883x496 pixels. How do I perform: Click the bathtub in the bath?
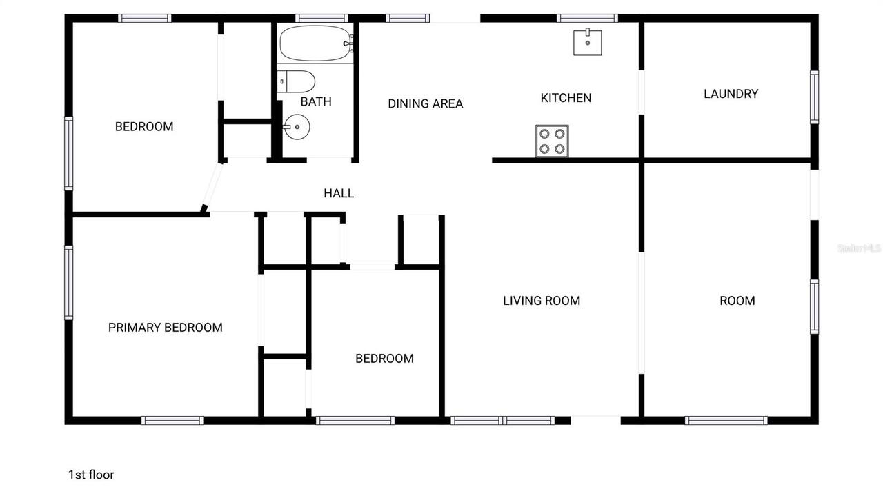pyautogui.click(x=315, y=43)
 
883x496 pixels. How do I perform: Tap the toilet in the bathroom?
pyautogui.click(x=297, y=82)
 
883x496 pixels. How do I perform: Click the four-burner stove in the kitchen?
pyautogui.click(x=552, y=141)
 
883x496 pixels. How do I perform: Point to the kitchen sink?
pyautogui.click(x=587, y=42)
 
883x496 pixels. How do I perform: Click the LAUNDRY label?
pyautogui.click(x=731, y=94)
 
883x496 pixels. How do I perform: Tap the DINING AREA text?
pyautogui.click(x=425, y=103)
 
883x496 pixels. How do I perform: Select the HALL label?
pyautogui.click(x=339, y=193)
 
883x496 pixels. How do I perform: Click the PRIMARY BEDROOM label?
pyautogui.click(x=166, y=328)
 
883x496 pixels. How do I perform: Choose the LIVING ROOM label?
pyautogui.click(x=542, y=301)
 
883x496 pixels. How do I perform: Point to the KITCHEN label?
pyautogui.click(x=566, y=98)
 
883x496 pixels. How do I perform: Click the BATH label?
pyautogui.click(x=316, y=102)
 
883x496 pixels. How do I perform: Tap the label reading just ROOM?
pyautogui.click(x=737, y=301)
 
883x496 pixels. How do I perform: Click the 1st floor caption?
pyautogui.click(x=91, y=475)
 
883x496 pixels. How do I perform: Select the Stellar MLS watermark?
pyautogui.click(x=860, y=248)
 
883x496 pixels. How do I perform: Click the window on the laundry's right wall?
pyautogui.click(x=814, y=97)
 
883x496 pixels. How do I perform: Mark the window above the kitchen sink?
pyautogui.click(x=587, y=19)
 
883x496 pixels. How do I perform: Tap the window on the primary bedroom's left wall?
pyautogui.click(x=69, y=283)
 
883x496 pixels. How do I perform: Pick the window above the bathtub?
pyautogui.click(x=321, y=19)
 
